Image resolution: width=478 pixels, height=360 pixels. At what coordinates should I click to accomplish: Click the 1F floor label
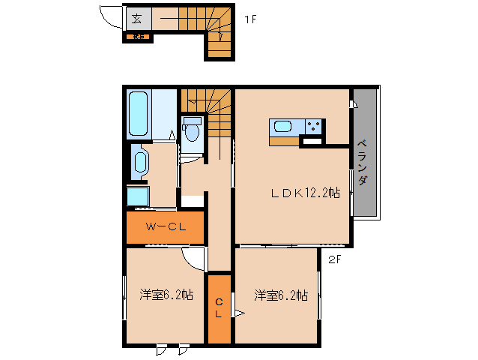(x=250, y=19)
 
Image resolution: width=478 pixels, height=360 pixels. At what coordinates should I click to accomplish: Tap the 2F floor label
(x=334, y=260)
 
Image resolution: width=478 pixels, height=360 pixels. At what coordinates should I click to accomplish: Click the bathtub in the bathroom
(x=139, y=113)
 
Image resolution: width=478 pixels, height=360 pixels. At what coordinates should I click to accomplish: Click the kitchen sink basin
(x=284, y=126)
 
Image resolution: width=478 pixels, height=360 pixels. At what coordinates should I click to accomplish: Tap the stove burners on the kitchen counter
(x=314, y=126)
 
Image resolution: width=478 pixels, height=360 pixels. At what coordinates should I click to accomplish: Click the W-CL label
(x=165, y=226)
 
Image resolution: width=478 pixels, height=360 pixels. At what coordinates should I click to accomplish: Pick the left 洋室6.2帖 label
(x=166, y=295)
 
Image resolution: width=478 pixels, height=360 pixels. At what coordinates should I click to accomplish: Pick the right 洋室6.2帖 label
(x=280, y=295)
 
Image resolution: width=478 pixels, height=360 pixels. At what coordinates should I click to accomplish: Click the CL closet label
(x=219, y=308)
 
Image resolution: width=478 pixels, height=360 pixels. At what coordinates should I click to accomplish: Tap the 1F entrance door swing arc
(x=112, y=19)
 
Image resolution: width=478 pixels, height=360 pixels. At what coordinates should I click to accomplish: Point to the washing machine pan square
(x=138, y=196)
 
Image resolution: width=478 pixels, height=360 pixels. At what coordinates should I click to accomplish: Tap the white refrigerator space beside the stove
(x=311, y=140)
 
